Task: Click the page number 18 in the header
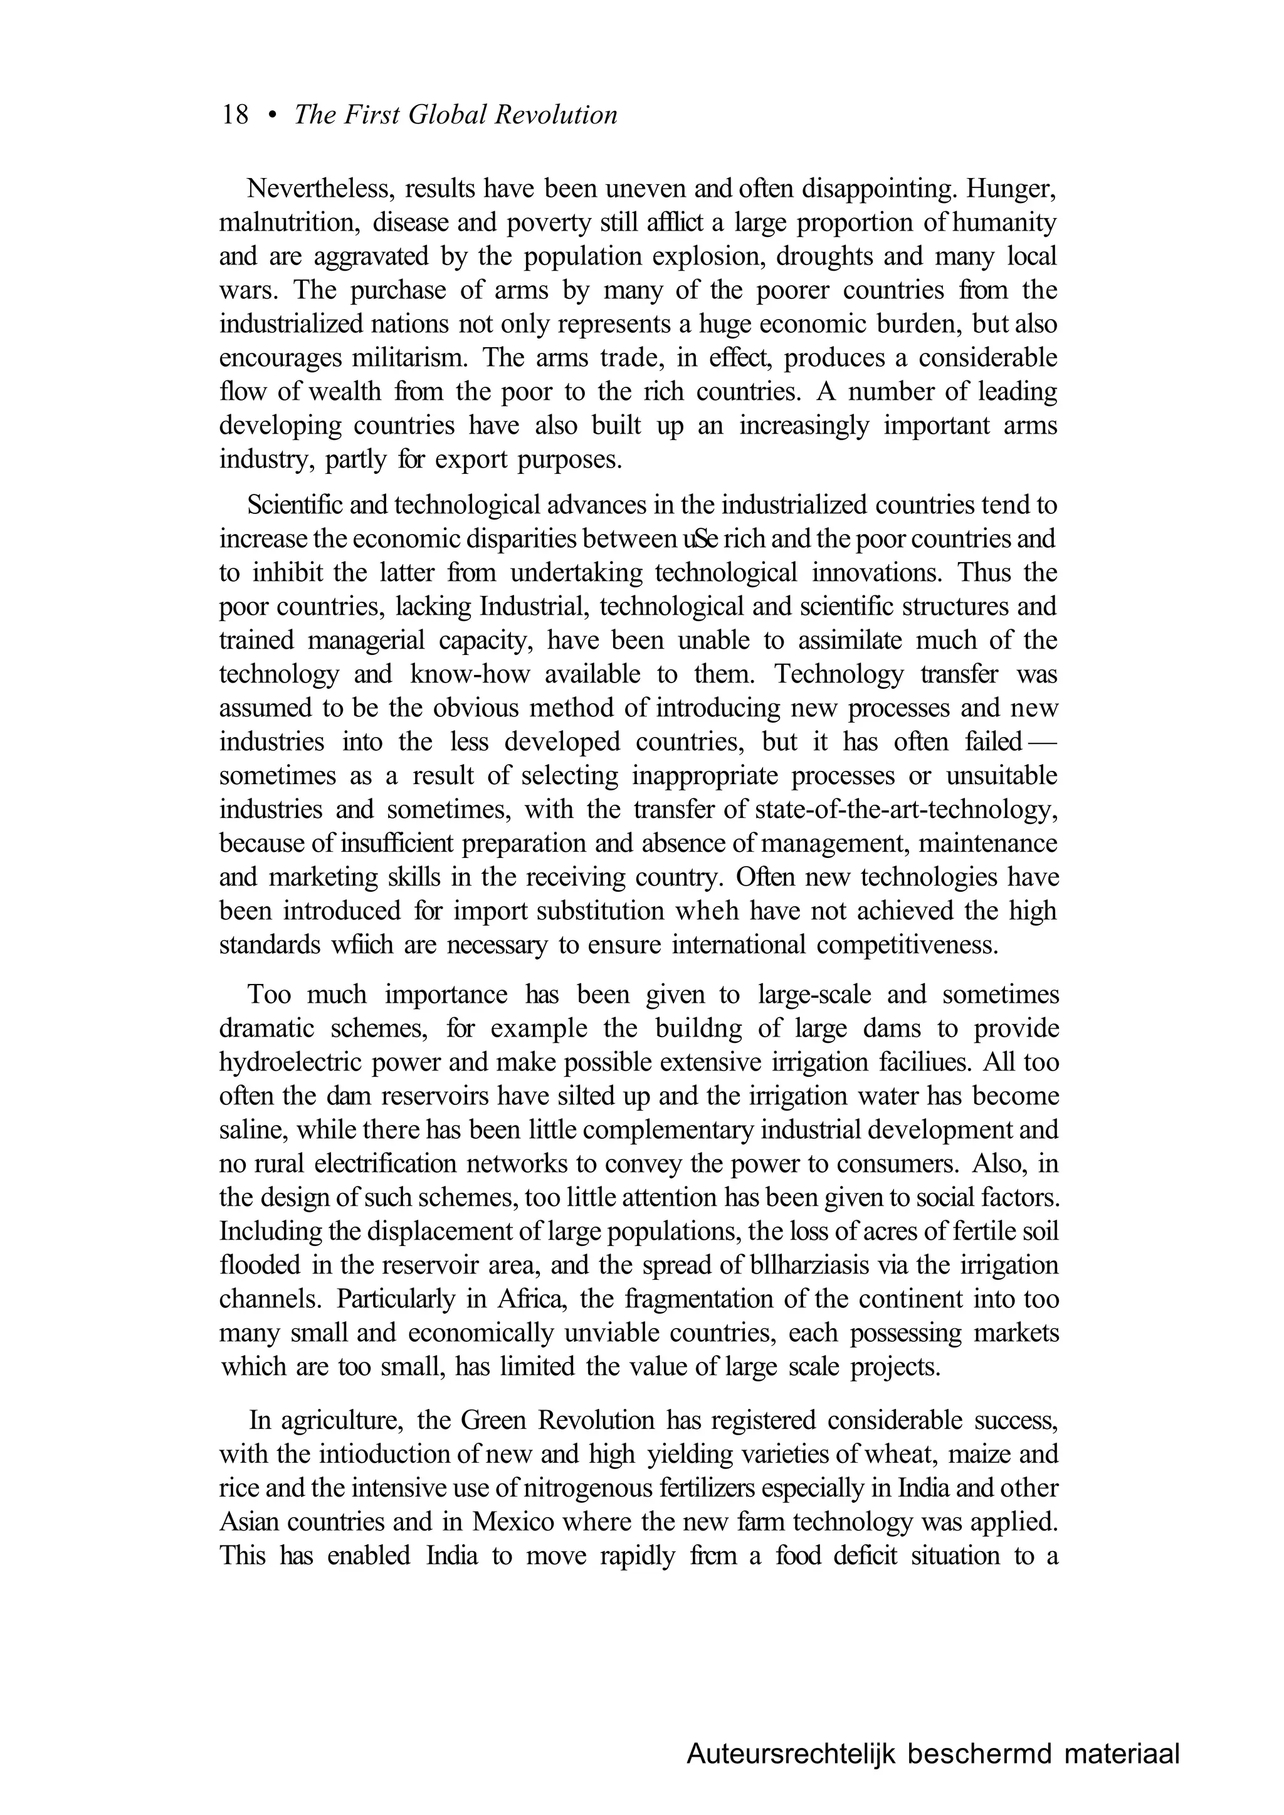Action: (x=236, y=115)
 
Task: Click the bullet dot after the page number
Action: (x=272, y=116)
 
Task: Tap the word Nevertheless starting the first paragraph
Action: (x=318, y=190)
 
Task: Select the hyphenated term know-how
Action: (x=470, y=674)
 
